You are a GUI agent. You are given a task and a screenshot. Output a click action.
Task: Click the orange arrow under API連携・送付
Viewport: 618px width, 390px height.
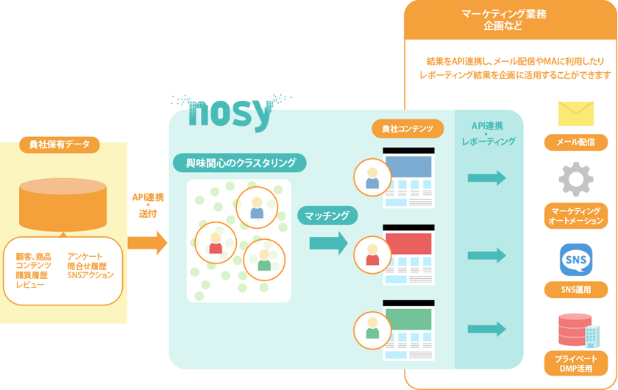[147, 242]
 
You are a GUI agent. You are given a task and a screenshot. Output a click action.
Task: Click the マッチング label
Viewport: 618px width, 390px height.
[327, 216]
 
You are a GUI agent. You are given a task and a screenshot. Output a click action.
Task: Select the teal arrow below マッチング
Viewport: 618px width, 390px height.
[328, 243]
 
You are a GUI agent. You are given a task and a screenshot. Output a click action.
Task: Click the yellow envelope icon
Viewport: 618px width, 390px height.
[576, 113]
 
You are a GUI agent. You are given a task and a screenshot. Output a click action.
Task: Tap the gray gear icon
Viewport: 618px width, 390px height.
[576, 179]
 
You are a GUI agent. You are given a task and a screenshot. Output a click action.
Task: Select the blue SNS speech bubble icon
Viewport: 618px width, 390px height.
[576, 259]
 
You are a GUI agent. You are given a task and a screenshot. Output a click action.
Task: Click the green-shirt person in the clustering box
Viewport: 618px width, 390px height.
[263, 260]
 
